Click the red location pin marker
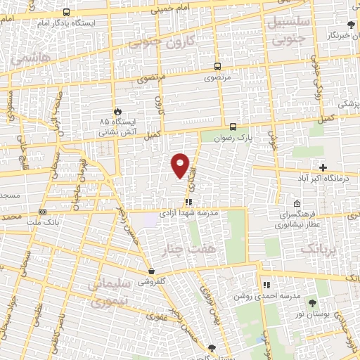(x=181, y=165)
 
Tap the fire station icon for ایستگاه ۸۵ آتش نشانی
(x=117, y=111)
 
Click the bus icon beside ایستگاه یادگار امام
(x=66, y=12)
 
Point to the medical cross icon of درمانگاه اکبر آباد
(x=323, y=167)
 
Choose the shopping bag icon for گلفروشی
(x=151, y=271)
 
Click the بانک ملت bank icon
(x=43, y=212)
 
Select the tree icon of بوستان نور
(x=312, y=303)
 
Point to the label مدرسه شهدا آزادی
(x=189, y=212)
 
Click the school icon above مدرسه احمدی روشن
(x=266, y=285)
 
